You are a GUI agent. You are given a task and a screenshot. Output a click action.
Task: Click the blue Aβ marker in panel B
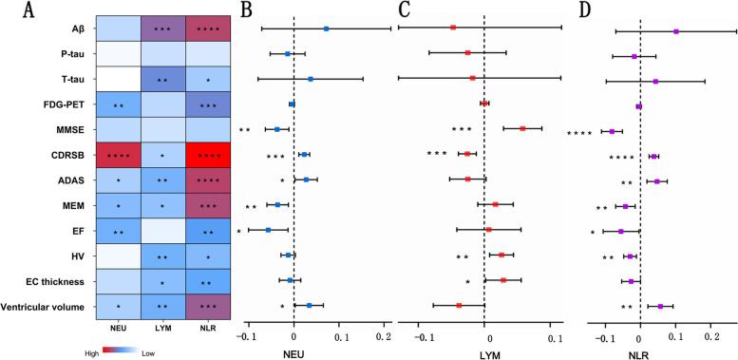click(326, 28)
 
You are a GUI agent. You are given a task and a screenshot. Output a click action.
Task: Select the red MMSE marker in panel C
click(522, 128)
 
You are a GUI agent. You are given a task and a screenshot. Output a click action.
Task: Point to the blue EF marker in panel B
click(268, 229)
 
